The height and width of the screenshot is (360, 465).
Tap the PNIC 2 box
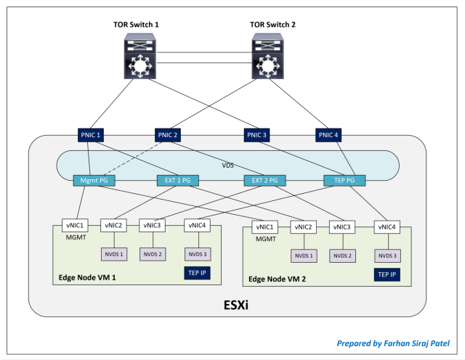coord(169,134)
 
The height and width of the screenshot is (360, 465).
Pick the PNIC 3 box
coord(257,134)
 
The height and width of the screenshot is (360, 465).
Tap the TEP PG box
coord(345,181)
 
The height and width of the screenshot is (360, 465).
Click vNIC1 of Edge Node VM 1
coord(75,225)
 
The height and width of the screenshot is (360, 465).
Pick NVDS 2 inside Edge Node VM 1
coord(151,254)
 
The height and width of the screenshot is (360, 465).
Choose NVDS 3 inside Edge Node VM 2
coord(386,255)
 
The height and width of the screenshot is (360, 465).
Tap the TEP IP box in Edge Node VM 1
coord(198,272)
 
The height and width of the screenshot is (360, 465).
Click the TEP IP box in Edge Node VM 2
coord(386,274)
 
